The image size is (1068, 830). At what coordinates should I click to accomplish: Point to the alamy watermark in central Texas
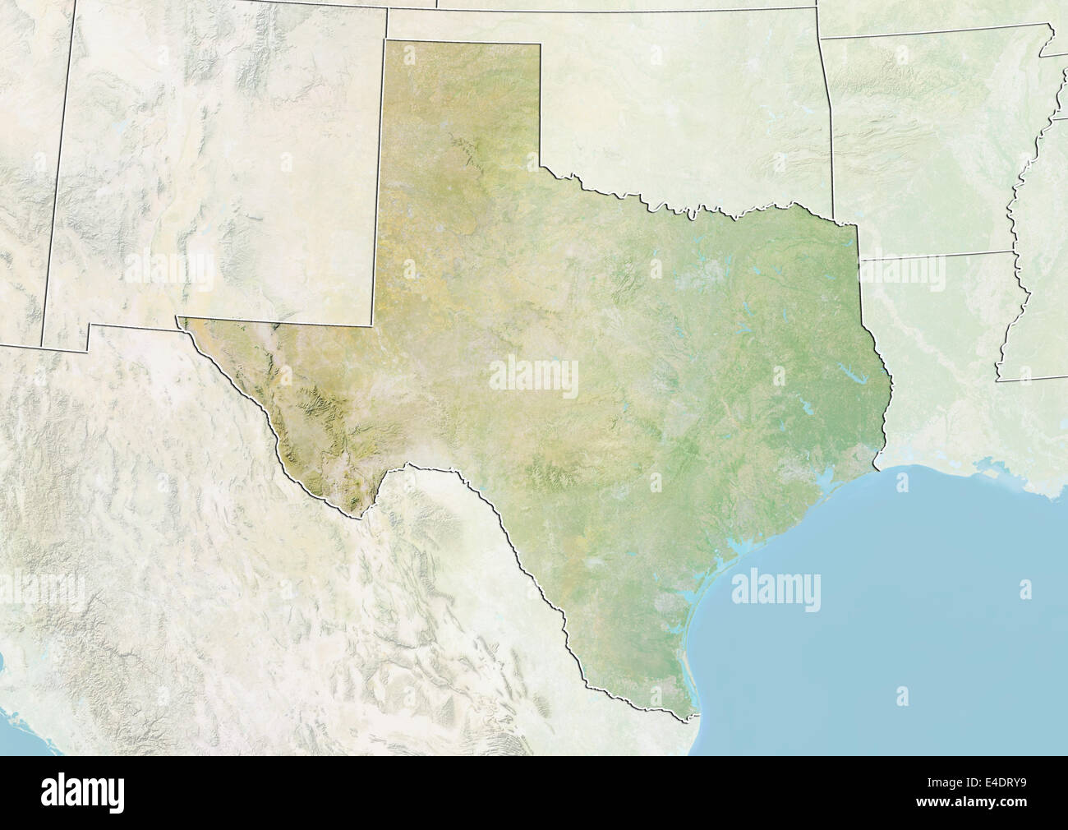click(534, 375)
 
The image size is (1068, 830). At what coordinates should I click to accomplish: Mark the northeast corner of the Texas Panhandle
click(541, 44)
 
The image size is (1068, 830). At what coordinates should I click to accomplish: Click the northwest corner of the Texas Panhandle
click(385, 40)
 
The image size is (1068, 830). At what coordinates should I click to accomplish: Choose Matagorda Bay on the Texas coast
click(723, 567)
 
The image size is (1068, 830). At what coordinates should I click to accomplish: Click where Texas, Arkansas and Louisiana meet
click(859, 261)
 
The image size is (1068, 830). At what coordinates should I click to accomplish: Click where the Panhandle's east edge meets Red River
click(541, 166)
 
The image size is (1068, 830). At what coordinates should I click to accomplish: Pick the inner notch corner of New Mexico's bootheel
click(90, 325)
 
